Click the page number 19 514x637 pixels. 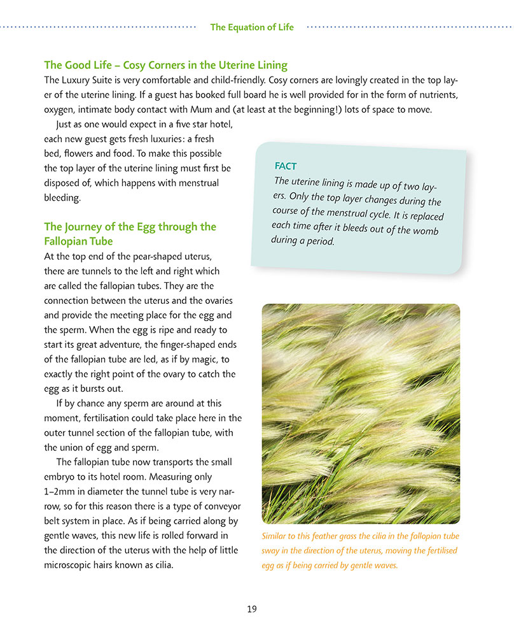click(252, 609)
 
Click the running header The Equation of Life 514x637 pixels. click(252, 27)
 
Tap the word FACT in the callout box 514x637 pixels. click(286, 166)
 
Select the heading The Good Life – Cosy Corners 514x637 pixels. click(165, 65)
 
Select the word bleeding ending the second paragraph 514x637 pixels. click(62, 197)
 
